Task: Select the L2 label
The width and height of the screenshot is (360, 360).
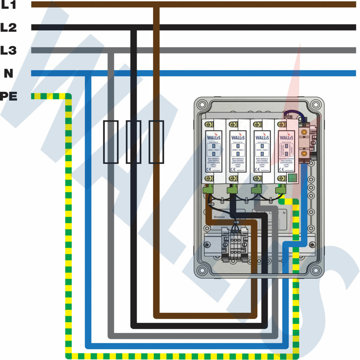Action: click(8, 27)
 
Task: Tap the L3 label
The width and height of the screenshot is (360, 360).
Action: click(8, 50)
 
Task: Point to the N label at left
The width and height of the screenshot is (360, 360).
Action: click(8, 73)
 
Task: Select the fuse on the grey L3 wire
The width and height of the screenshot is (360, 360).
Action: click(111, 142)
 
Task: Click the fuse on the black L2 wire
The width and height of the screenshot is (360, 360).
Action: click(134, 142)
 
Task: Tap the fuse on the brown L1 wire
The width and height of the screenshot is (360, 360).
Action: click(156, 142)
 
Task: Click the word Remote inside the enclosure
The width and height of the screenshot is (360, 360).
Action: click(219, 217)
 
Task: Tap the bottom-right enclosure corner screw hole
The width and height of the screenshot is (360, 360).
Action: click(316, 270)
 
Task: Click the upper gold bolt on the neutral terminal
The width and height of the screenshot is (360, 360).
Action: click(304, 133)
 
